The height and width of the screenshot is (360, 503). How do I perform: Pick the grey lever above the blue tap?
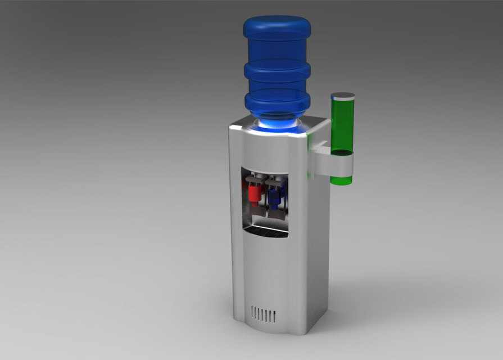(x=275, y=183)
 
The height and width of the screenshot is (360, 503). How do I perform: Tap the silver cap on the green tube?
(x=343, y=96)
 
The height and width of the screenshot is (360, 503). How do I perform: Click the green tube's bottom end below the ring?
(x=341, y=181)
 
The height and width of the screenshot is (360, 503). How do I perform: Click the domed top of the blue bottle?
(x=277, y=25)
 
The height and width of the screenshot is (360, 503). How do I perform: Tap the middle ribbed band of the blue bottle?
(x=277, y=73)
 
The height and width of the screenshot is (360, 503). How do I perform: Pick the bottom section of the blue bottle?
(x=278, y=101)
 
